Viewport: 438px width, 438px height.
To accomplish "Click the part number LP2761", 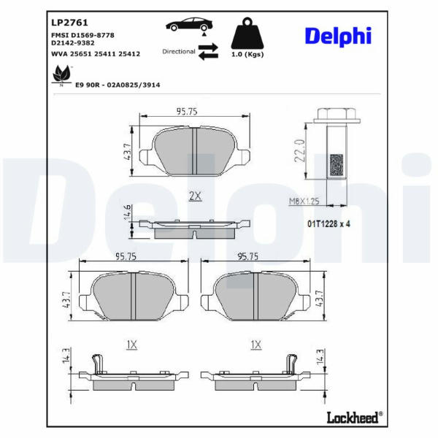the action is point(69,23).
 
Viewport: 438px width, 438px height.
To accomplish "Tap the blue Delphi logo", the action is point(338,36).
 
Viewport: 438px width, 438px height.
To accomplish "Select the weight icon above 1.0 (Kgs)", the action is point(247,34).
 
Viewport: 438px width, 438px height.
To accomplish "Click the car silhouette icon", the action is point(189,24).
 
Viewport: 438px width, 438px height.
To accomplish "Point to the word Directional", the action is point(179,51).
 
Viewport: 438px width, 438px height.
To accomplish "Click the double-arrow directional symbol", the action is point(208,51).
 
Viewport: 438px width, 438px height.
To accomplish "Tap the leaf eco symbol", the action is point(62,75).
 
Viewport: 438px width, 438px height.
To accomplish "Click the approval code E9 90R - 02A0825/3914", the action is point(118,85).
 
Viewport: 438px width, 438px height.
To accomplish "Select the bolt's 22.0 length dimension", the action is point(300,151).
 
